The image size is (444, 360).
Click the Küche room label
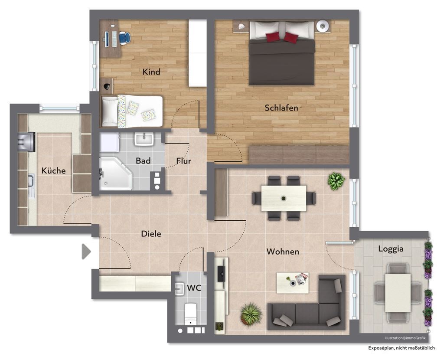click(x=53, y=170)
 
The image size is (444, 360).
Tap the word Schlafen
click(x=281, y=108)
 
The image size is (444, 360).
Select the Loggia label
click(x=391, y=249)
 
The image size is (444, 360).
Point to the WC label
click(x=194, y=288)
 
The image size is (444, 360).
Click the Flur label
click(x=183, y=161)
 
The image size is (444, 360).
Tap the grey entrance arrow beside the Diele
click(x=86, y=252)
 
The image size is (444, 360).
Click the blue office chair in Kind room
click(x=124, y=38)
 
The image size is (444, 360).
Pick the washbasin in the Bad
click(x=144, y=139)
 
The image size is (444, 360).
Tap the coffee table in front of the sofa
click(x=293, y=283)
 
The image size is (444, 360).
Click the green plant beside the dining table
click(x=336, y=181)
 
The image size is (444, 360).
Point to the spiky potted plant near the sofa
click(x=251, y=314)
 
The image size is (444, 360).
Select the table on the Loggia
click(x=398, y=293)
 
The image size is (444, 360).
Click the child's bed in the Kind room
click(x=132, y=111)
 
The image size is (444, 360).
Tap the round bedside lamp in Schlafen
click(x=322, y=26)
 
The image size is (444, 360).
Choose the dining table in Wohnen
click(x=284, y=198)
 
